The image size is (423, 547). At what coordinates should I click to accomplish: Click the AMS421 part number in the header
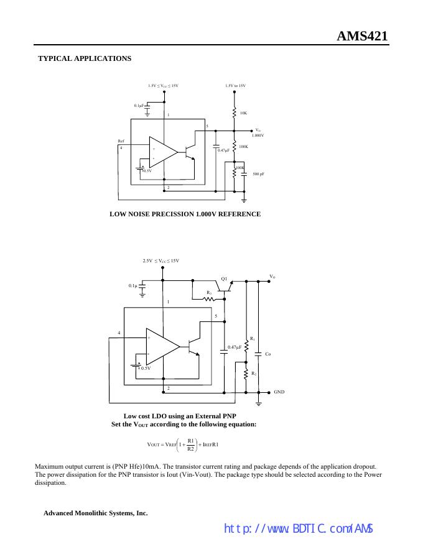click(x=363, y=36)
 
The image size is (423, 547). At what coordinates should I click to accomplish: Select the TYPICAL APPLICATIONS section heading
click(x=85, y=58)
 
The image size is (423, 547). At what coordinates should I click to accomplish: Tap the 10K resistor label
click(x=243, y=113)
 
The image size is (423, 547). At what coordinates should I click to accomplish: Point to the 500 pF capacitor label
click(x=258, y=174)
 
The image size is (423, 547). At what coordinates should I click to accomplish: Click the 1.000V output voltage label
click(x=258, y=135)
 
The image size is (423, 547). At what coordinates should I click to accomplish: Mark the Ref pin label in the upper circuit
click(x=121, y=142)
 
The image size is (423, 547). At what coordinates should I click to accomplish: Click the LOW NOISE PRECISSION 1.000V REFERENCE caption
click(x=185, y=214)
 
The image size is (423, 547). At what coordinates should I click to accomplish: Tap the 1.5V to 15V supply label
click(x=235, y=86)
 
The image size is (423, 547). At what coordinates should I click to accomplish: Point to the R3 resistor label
click(x=209, y=292)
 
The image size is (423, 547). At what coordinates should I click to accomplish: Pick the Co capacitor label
click(x=267, y=354)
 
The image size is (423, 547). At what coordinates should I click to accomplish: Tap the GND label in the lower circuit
click(x=279, y=392)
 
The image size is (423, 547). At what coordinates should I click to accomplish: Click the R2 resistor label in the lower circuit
click(x=253, y=374)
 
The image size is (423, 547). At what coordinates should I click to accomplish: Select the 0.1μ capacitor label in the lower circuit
click(x=132, y=286)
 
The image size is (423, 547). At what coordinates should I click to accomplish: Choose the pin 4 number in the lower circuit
click(x=119, y=333)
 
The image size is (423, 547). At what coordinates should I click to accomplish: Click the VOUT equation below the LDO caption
click(x=182, y=444)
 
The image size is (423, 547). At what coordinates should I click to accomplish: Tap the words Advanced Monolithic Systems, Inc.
click(x=95, y=513)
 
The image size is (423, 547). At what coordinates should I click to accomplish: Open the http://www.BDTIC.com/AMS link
click(x=298, y=529)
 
